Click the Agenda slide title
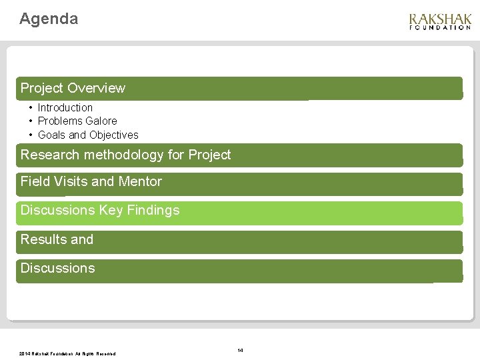click(x=49, y=19)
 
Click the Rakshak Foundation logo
click(x=439, y=21)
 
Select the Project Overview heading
click(x=73, y=88)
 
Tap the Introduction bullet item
click(x=65, y=107)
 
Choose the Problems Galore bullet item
click(x=77, y=121)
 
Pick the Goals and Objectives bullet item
click(x=88, y=135)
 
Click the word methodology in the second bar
click(x=123, y=155)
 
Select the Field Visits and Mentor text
click(x=91, y=181)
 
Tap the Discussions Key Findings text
click(x=100, y=210)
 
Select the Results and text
click(x=57, y=239)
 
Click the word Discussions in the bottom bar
click(x=58, y=268)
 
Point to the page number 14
click(x=240, y=350)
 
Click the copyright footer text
click(x=67, y=353)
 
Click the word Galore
click(x=101, y=121)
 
